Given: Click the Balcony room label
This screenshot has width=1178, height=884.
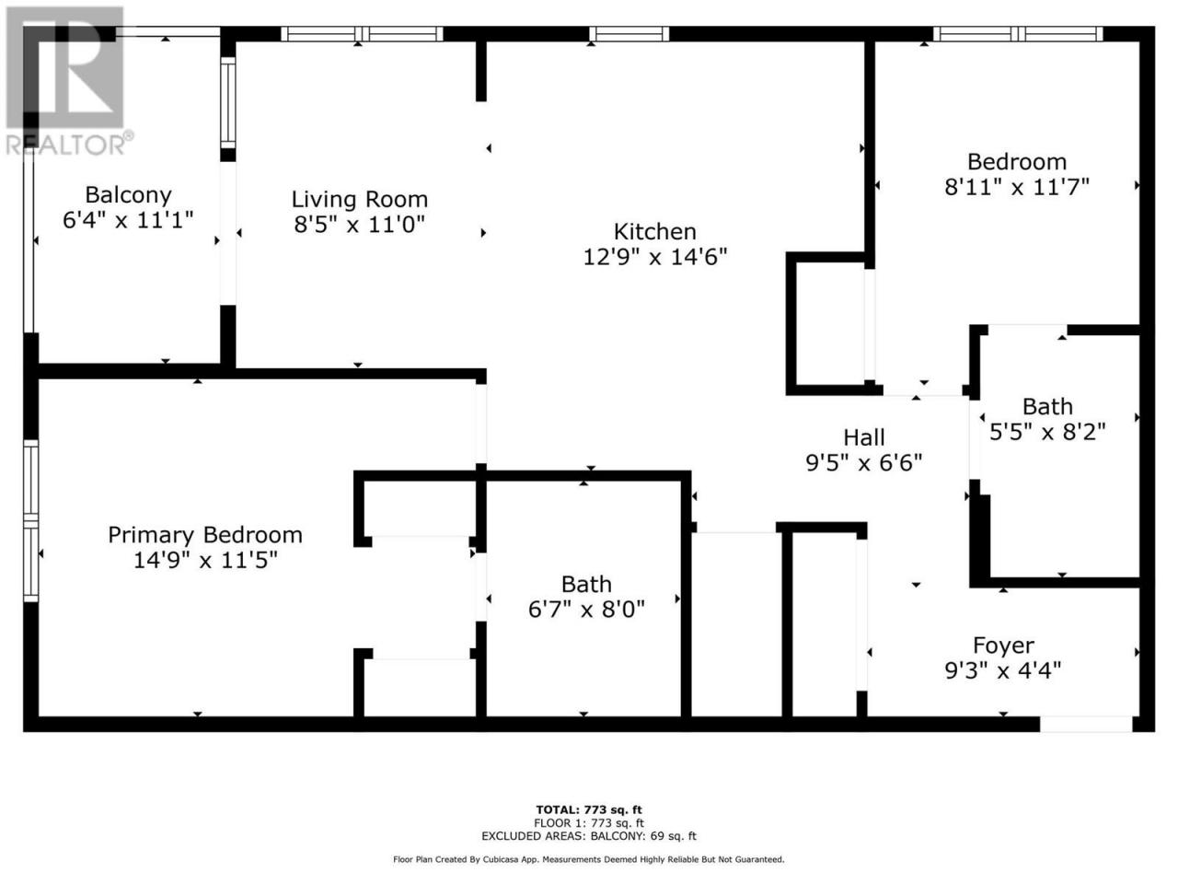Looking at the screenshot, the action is [x=128, y=195].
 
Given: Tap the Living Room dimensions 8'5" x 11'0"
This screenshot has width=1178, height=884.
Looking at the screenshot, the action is [x=359, y=224].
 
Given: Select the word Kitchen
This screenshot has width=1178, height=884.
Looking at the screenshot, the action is [x=654, y=231].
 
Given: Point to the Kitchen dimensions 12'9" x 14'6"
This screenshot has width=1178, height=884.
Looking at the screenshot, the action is [x=654, y=257].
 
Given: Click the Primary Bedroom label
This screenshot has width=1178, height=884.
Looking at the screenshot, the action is [x=205, y=535].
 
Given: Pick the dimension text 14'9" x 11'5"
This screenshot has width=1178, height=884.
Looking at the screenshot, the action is [x=205, y=561].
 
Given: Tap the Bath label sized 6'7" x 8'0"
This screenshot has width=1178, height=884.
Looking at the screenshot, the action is [x=586, y=584].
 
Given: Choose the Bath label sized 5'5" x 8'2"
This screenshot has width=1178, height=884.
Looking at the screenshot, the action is [x=1047, y=406].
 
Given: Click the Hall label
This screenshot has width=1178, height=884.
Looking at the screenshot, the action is [x=863, y=437].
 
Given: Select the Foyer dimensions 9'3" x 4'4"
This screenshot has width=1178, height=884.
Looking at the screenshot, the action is [x=1002, y=669].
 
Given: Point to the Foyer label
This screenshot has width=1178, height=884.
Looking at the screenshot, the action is [x=1003, y=646].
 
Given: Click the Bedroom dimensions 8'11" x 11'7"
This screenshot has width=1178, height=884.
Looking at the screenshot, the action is [x=1016, y=187].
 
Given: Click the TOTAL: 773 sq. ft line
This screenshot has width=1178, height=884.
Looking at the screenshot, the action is [x=589, y=810].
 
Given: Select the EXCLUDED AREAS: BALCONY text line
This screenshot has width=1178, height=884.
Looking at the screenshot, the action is [x=589, y=836].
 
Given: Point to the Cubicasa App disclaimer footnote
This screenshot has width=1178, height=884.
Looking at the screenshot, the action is [x=589, y=859].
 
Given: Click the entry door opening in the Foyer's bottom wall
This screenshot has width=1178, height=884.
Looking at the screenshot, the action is [x=1086, y=724].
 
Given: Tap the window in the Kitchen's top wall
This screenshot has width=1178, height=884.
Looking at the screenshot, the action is [x=629, y=34].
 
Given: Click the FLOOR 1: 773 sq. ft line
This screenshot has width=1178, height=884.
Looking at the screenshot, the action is [x=589, y=823].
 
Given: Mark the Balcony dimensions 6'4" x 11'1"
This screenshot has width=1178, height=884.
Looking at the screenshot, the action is [x=128, y=219].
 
